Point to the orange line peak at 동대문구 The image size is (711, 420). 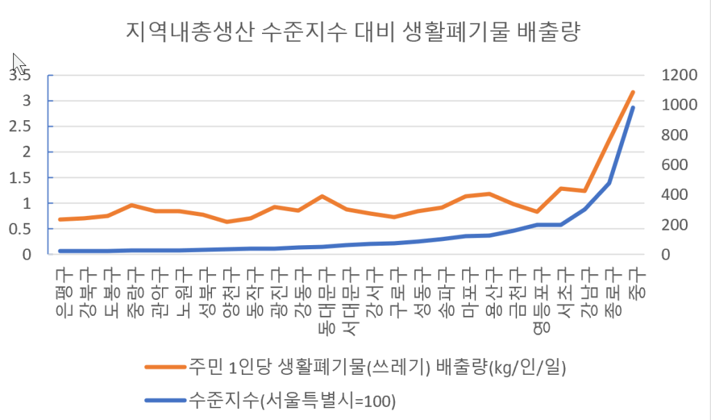pos(322,196)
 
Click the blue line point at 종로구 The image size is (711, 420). pos(610,183)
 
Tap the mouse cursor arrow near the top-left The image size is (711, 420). pos(19,63)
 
